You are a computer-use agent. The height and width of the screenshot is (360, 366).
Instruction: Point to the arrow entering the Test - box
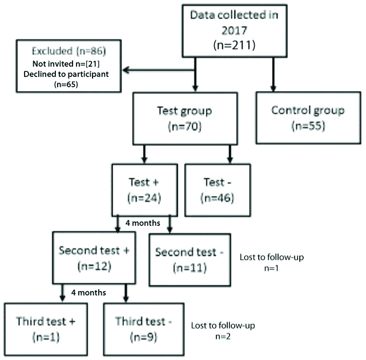(x=230, y=155)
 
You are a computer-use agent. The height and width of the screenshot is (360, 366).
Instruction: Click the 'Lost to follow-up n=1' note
(x=271, y=262)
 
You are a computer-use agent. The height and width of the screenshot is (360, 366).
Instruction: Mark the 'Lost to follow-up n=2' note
(x=223, y=331)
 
